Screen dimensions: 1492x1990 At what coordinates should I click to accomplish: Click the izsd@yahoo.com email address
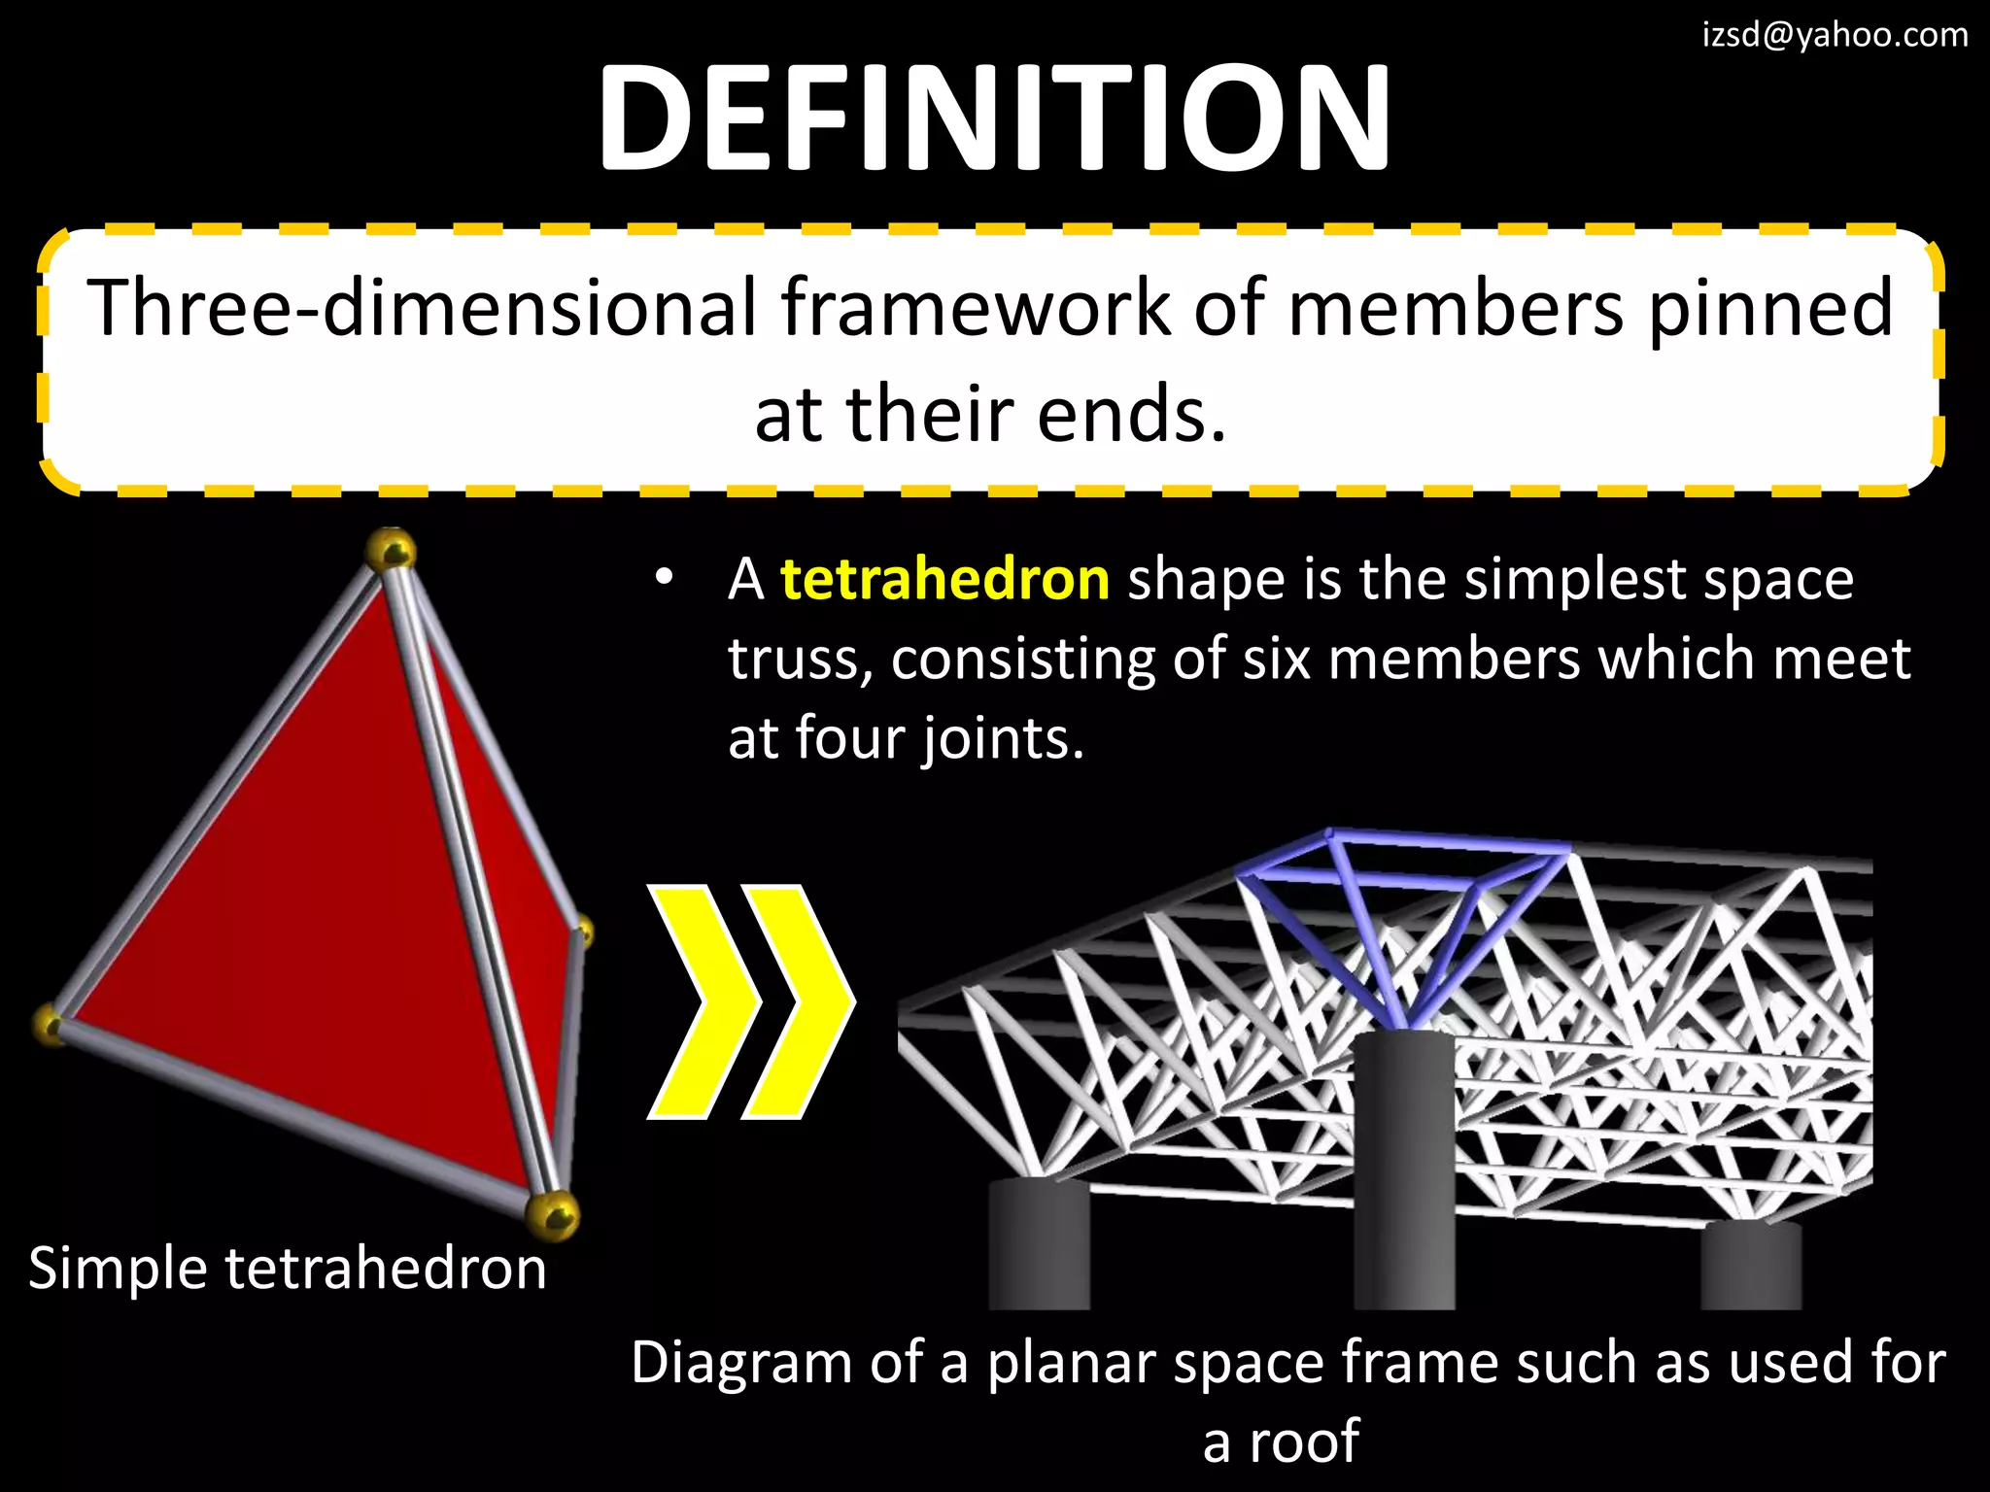coord(1835,35)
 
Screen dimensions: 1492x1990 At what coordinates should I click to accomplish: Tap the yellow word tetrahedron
coord(944,580)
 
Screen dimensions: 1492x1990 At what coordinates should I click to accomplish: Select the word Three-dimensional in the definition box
coord(420,308)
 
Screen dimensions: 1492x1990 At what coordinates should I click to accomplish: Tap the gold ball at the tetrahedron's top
coord(391,551)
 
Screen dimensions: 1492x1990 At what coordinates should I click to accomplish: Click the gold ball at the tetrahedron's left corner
coord(50,1024)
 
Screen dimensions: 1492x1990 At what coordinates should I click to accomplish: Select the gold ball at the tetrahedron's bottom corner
coord(552,1215)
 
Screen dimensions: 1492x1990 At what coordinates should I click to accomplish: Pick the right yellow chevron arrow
coord(799,1001)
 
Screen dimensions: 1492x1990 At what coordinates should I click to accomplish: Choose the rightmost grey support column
coord(1751,1265)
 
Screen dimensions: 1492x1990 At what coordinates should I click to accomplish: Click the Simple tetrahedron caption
coord(288,1269)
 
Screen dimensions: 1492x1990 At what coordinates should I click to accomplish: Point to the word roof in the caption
coord(1304,1441)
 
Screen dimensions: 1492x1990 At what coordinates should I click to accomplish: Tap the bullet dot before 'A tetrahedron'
coord(664,578)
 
